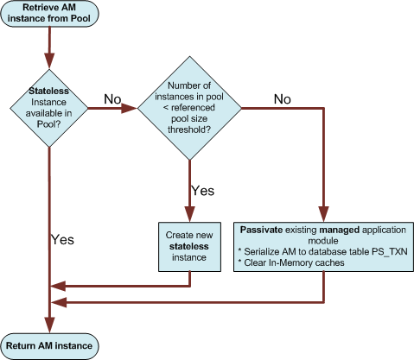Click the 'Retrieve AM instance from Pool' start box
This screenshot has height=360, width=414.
(49, 13)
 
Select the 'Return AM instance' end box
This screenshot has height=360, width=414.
(49, 346)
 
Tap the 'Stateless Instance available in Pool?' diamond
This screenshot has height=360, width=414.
(49, 108)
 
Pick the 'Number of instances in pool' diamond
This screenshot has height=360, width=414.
(189, 108)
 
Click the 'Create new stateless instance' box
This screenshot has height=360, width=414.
(189, 247)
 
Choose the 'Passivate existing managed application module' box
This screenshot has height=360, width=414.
(323, 247)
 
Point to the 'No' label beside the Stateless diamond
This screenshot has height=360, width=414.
(112, 99)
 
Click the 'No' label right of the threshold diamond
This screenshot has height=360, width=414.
(283, 99)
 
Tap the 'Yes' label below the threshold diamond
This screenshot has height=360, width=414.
(203, 191)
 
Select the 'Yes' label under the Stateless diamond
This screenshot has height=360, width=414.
(62, 240)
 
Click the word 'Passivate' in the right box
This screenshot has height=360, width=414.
(261, 230)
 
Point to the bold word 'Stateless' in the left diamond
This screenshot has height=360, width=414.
(48, 91)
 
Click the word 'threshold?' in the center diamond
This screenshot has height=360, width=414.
(189, 129)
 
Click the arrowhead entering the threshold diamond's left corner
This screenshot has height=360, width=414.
(129, 109)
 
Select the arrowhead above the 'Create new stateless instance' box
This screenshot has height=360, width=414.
(189, 214)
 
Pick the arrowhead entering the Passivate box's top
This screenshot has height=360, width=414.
(323, 214)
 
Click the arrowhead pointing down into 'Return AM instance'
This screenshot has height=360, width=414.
(49, 325)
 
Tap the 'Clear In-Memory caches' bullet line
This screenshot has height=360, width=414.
(291, 263)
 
